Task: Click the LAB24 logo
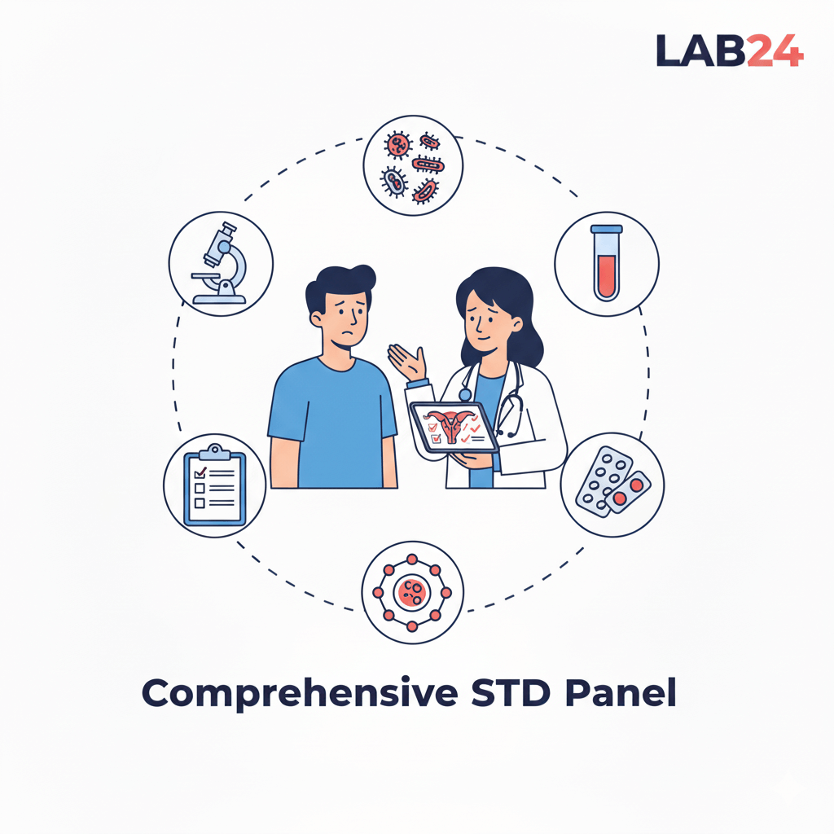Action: [x=730, y=51]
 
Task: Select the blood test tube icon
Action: [x=607, y=264]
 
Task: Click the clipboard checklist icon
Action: [x=215, y=485]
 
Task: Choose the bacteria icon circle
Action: [x=413, y=165]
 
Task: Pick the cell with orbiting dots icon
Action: [x=412, y=593]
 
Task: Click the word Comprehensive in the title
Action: [x=300, y=694]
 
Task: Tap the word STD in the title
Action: [x=511, y=692]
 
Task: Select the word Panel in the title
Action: [x=621, y=692]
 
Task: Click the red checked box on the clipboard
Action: [x=200, y=472]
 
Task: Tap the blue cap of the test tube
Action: [x=607, y=230]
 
